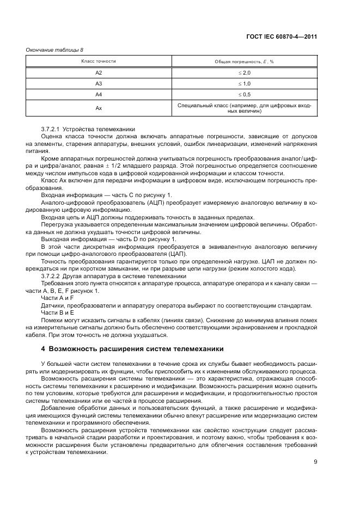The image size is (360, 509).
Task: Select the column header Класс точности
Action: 99,62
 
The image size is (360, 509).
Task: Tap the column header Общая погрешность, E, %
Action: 244,62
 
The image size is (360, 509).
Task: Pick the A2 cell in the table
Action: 99,72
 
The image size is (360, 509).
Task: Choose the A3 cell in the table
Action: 99,83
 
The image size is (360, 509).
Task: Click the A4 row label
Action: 99,94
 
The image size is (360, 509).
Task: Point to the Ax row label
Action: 99,108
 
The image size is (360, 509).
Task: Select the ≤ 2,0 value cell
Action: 244,72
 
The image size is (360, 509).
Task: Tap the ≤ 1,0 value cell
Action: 244,83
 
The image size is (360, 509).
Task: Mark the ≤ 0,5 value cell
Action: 244,94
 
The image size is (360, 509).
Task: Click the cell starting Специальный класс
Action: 244,108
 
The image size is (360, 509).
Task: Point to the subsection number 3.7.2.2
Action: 51,277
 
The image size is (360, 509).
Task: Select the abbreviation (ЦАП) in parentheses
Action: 178,254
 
